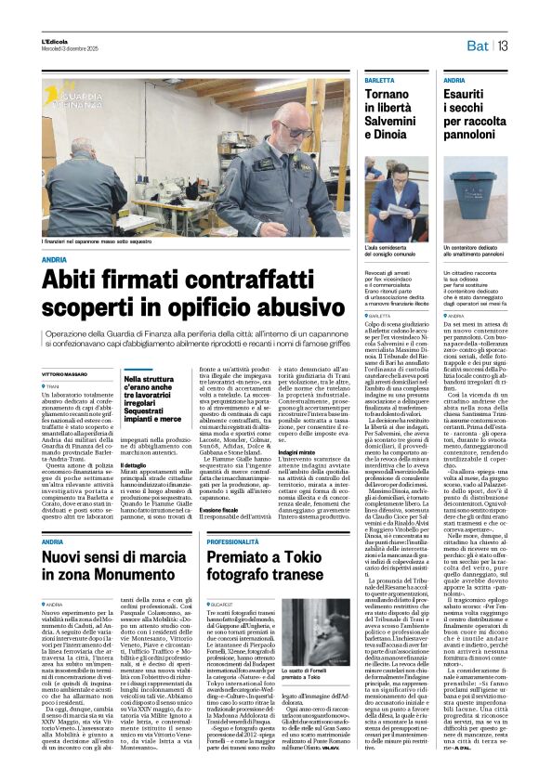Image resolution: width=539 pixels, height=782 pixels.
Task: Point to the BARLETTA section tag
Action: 353,81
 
